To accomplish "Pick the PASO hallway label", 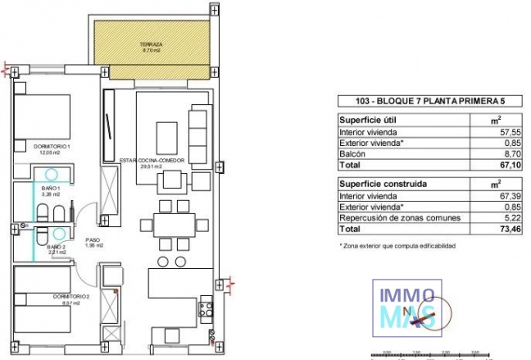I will tap(93, 241).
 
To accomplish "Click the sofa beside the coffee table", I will tap(199, 132).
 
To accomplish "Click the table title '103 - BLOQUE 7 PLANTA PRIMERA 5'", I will tap(418, 101).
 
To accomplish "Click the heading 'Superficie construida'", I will tap(381, 184).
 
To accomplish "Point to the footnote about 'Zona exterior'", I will tap(397, 245).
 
